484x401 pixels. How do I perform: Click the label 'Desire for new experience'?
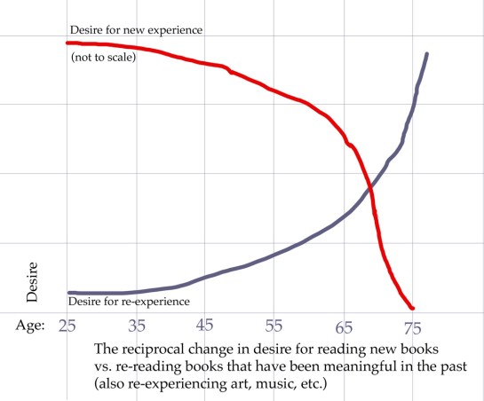pos(136,29)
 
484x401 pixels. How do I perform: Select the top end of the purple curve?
pos(427,54)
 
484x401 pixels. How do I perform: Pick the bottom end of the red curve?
pos(412,307)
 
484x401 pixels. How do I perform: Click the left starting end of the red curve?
pos(68,43)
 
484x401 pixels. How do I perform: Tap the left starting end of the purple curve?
pos(69,292)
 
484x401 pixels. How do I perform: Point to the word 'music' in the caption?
pos(265,385)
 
